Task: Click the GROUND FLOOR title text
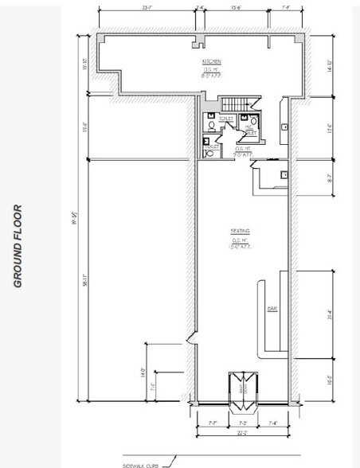(x=17, y=246)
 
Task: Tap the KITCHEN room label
(x=211, y=61)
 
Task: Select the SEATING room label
(x=241, y=232)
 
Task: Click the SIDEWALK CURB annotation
(x=141, y=464)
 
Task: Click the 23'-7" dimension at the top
(x=147, y=7)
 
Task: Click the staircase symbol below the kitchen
(x=235, y=104)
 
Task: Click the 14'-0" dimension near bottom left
(x=144, y=371)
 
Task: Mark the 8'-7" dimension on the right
(x=330, y=179)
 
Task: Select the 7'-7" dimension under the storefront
(x=212, y=422)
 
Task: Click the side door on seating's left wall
(x=190, y=341)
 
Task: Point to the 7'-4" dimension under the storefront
(x=272, y=422)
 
